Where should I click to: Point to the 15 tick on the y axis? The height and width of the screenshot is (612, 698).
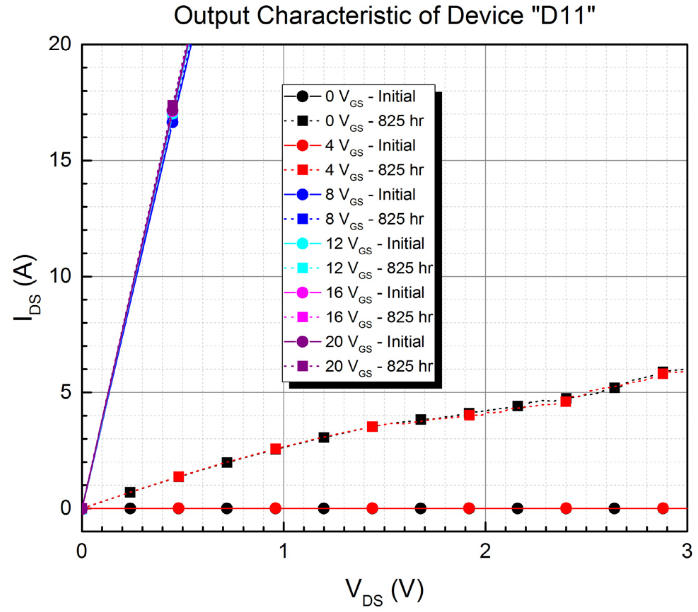60,160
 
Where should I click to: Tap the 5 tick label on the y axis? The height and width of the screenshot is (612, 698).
65,392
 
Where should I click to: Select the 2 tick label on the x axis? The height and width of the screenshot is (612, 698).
485,551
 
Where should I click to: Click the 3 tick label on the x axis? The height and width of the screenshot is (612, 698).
687,551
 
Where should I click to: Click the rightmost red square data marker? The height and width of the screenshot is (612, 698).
663,373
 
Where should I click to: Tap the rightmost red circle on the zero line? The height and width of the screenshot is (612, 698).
663,508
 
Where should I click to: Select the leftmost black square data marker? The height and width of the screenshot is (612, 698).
130,492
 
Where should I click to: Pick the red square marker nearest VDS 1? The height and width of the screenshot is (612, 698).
276,449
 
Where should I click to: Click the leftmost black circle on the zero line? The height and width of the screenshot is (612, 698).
130,508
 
